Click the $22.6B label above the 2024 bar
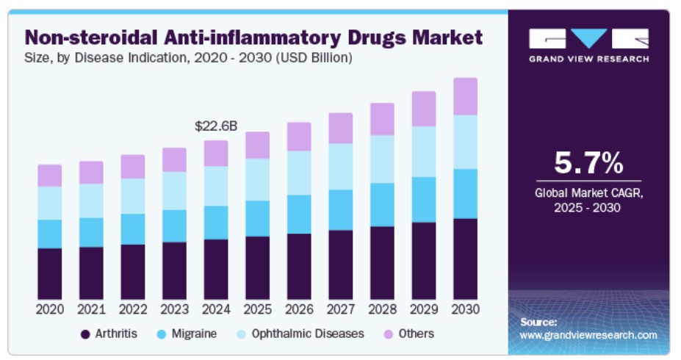(215, 126)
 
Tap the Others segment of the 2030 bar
(465, 96)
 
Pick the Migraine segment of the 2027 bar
(340, 209)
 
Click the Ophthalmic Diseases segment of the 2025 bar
(257, 179)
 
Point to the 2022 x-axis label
(133, 309)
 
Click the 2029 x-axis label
(423, 309)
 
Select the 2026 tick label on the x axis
(299, 309)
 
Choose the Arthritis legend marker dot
(85, 334)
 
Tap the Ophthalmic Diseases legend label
(307, 334)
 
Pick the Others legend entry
(416, 334)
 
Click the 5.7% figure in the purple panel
(588, 163)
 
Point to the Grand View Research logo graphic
(588, 38)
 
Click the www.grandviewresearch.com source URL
(588, 335)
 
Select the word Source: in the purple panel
(538, 322)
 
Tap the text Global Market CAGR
(588, 193)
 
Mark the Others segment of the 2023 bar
(174, 159)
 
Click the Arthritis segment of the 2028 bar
(382, 262)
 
